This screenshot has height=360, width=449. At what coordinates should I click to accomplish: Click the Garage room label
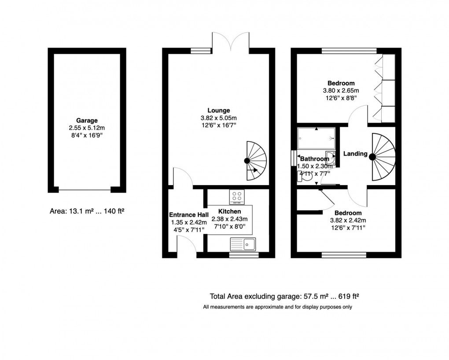click(x=87, y=120)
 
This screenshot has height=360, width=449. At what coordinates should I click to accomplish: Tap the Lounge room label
click(x=219, y=110)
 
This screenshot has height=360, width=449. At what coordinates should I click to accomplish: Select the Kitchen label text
click(x=229, y=212)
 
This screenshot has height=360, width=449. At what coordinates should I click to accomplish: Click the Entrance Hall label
click(x=185, y=215)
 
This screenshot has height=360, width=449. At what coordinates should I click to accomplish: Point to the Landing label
click(x=355, y=154)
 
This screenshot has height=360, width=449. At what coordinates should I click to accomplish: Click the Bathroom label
click(x=315, y=159)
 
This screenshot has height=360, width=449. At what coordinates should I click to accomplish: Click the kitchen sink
click(x=243, y=244)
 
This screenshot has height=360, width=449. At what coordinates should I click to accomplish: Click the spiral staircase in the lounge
click(x=254, y=161)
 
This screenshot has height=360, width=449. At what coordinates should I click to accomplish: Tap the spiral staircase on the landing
click(x=381, y=156)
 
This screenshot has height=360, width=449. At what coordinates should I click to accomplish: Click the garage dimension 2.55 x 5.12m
click(x=87, y=128)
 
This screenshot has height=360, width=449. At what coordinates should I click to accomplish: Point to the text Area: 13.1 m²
click(x=70, y=211)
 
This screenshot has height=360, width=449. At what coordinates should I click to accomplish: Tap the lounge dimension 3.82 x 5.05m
click(x=219, y=118)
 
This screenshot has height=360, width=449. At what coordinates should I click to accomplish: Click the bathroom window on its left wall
click(x=293, y=158)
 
